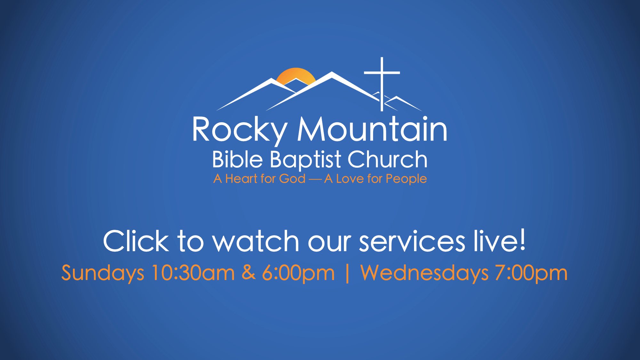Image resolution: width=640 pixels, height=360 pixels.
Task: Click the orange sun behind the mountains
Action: (x=296, y=75)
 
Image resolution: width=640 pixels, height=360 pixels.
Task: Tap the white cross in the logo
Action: (x=382, y=84)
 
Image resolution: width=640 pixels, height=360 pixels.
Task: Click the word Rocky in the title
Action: (x=240, y=130)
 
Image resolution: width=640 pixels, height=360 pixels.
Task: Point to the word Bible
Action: (x=237, y=159)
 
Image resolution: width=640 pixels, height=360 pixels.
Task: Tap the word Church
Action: (x=388, y=159)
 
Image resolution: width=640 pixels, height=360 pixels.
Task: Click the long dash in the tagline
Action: (x=315, y=180)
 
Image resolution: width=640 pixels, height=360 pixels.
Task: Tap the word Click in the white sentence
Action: (x=136, y=241)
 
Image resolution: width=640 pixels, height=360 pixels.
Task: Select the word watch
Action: (x=256, y=241)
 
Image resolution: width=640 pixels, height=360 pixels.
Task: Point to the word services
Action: (x=412, y=241)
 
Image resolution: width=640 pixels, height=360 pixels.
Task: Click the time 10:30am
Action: (x=193, y=273)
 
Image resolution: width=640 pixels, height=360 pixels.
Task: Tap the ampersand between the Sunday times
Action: (x=249, y=272)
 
